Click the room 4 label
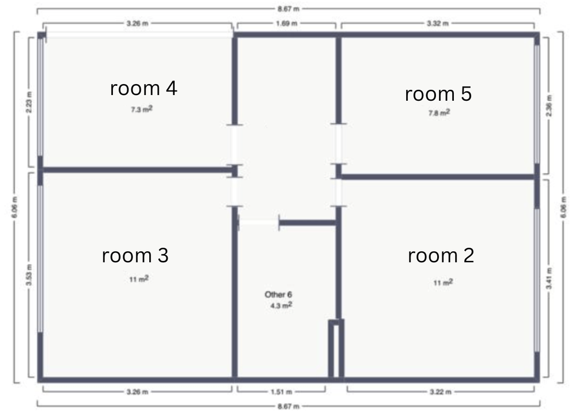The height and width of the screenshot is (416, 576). click(x=143, y=89)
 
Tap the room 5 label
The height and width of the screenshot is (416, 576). click(x=438, y=94)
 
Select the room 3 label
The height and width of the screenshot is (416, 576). click(x=135, y=255)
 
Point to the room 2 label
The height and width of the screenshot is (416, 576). click(x=441, y=255)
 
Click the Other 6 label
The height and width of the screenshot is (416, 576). click(x=278, y=294)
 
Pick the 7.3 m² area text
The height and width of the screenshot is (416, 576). click(x=142, y=109)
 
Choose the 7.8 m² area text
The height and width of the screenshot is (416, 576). click(x=439, y=112)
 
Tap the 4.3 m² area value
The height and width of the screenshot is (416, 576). click(x=282, y=305)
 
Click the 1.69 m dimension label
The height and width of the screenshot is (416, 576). click(x=286, y=24)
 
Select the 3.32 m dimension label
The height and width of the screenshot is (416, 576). click(x=438, y=24)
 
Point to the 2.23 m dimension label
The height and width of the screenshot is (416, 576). click(x=29, y=102)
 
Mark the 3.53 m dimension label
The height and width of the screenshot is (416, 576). click(x=29, y=275)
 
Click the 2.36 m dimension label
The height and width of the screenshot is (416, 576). click(x=549, y=105)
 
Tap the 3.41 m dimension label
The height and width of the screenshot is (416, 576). click(x=549, y=278)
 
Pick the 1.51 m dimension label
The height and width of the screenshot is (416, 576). click(x=282, y=392)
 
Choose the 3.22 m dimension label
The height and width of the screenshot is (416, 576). click(x=441, y=392)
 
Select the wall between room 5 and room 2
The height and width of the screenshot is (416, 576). click(x=438, y=177)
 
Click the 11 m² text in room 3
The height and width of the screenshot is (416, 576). click(x=139, y=279)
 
